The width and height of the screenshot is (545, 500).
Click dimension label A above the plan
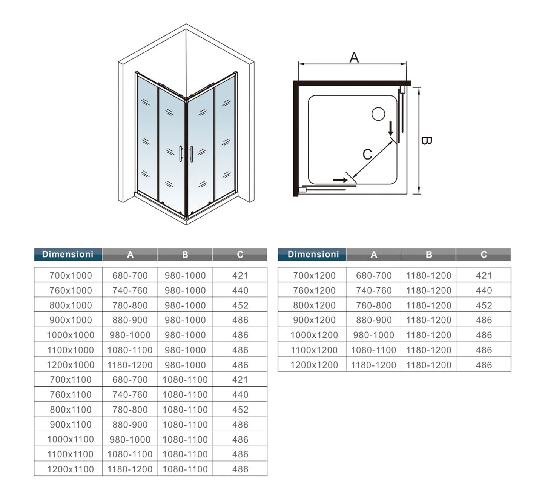pyautogui.click(x=354, y=58)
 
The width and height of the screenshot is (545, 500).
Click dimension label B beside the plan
pyautogui.click(x=426, y=140)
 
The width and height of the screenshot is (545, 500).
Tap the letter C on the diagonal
pyautogui.click(x=367, y=154)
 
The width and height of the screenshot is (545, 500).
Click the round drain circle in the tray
pyautogui.click(x=378, y=114)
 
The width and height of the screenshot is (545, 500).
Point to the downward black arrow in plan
pyautogui.click(x=391, y=129)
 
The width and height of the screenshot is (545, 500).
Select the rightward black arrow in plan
pyautogui.click(x=340, y=180)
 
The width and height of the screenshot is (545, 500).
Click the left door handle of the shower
pyautogui.click(x=181, y=153)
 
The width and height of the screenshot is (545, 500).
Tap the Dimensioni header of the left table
pyautogui.click(x=68, y=254)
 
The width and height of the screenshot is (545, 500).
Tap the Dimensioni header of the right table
pyautogui.click(x=313, y=254)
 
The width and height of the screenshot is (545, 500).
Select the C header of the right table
pyautogui.click(x=484, y=255)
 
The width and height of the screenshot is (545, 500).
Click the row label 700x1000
pyautogui.click(x=71, y=275)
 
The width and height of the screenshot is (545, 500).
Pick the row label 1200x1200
pyautogui.click(x=314, y=365)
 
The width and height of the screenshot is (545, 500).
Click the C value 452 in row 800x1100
pyautogui.click(x=240, y=410)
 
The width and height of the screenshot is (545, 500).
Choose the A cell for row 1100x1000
pyautogui.click(x=130, y=350)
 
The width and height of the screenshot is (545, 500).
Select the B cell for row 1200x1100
pyautogui.click(x=185, y=469)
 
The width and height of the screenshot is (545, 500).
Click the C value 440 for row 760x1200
pyautogui.click(x=484, y=290)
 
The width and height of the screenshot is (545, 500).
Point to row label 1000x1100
pyautogui.click(x=71, y=439)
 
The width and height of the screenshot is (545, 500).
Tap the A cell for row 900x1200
pyautogui.click(x=373, y=320)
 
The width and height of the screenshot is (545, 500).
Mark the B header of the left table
pyautogui.click(x=185, y=255)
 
